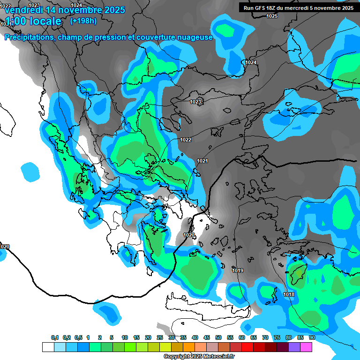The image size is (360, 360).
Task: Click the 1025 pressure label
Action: click(x=272, y=16)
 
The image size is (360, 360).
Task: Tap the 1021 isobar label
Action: click(x=202, y=161)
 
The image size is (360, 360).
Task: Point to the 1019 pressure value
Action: click(x=238, y=270)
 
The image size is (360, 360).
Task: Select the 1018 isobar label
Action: click(x=289, y=294)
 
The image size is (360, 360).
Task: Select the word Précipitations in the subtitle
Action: click(x=29, y=37)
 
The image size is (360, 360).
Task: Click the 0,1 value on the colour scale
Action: click(x=55, y=338)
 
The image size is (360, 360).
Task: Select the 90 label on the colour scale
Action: click(x=312, y=338)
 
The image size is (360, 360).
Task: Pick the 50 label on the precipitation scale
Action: click(x=218, y=338)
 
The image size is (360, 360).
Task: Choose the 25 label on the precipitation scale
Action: click(x=160, y=338)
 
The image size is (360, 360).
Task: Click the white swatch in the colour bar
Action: click(x=48, y=347)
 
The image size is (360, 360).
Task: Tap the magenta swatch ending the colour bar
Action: click(x=306, y=347)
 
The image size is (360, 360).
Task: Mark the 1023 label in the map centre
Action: click(x=195, y=102)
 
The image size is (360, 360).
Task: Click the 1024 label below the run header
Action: click(x=251, y=62)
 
